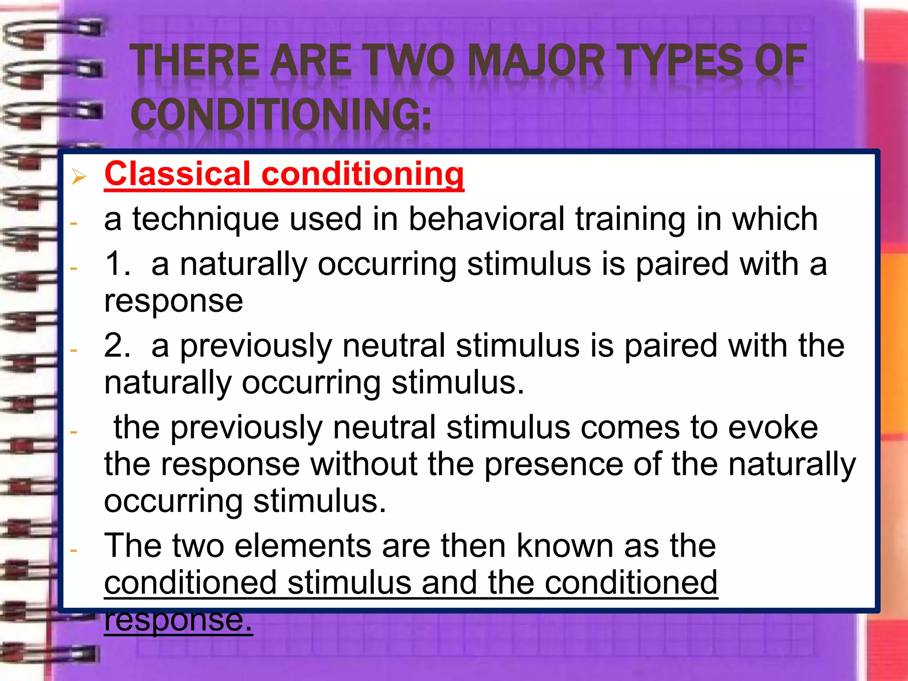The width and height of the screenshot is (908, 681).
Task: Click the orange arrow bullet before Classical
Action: pos(78,177)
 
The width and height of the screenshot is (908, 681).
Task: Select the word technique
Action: pos(206,219)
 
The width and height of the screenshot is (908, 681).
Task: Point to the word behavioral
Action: pos(487,219)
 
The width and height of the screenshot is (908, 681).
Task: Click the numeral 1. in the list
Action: pos(117,264)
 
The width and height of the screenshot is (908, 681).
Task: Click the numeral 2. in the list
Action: pos(117,346)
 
